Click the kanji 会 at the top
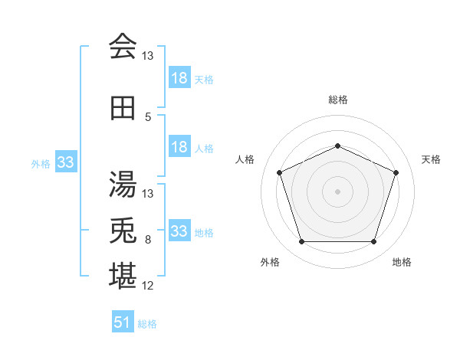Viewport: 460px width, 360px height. (x=123, y=46)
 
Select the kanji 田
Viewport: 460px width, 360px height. (x=123, y=108)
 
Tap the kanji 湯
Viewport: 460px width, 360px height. (x=123, y=184)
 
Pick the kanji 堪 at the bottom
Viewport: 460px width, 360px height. (x=123, y=276)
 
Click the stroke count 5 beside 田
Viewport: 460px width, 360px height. (x=148, y=117)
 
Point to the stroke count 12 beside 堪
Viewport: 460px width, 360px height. (x=147, y=286)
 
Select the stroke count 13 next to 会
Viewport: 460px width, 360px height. (x=147, y=56)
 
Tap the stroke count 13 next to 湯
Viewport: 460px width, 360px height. (x=147, y=194)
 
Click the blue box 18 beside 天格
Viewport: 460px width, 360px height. (x=179, y=77)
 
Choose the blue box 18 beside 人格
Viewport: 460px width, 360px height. (x=179, y=146)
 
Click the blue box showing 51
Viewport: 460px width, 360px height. (x=123, y=321)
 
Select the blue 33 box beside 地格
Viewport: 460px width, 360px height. (x=179, y=230)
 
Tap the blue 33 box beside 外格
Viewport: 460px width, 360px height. (x=66, y=162)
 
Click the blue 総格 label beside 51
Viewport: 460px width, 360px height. (x=147, y=324)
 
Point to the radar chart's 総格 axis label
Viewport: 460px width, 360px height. (x=338, y=100)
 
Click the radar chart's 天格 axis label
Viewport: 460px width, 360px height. (x=431, y=159)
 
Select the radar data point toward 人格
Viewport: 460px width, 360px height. (x=279, y=172)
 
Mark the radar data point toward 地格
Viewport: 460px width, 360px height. (x=373, y=241)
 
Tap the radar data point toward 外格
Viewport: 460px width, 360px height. (x=301, y=241)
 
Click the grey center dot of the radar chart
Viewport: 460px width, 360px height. (x=337, y=191)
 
